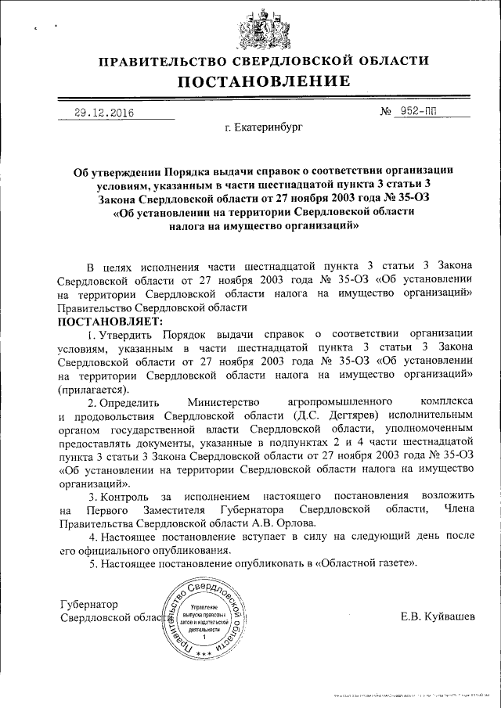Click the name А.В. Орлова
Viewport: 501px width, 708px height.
tap(271, 524)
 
